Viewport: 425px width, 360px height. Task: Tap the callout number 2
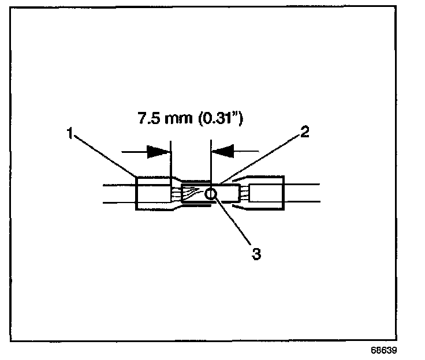304,132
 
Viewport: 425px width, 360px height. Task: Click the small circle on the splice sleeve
211,194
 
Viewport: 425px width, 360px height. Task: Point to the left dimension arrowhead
159,152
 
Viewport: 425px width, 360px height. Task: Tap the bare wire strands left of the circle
193,194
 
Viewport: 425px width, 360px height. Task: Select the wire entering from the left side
118,193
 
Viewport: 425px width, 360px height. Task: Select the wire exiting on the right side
301,193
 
